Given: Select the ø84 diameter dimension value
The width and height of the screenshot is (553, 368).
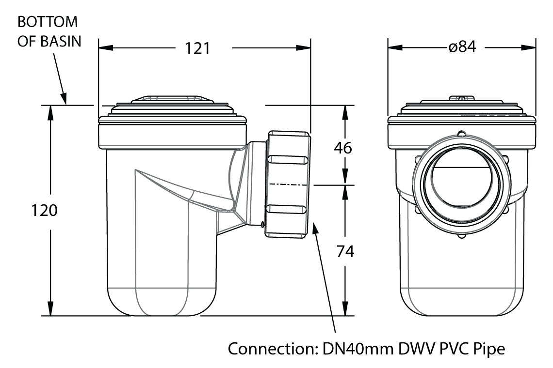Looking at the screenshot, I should point(462,47).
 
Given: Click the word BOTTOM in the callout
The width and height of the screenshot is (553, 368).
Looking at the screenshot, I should point(47,22).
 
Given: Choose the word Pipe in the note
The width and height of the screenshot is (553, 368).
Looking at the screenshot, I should point(488,349).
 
